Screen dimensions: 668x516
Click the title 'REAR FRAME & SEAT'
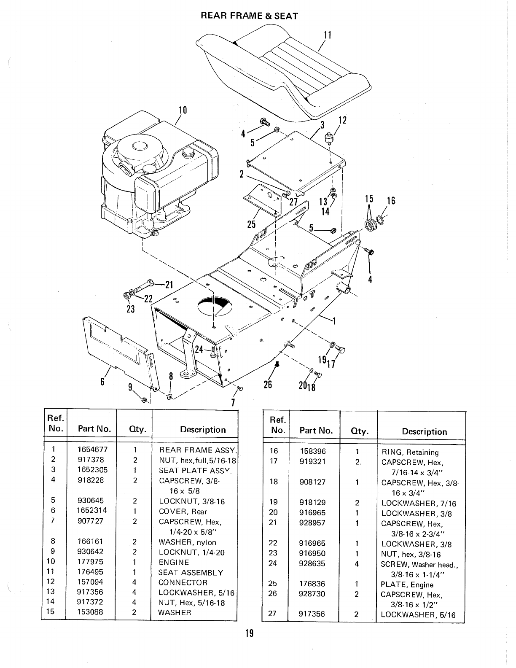pos(249,16)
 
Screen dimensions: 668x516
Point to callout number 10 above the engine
pos(183,110)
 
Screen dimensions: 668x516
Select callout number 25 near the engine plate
pos(252,224)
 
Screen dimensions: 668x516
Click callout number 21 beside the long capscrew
pos(169,284)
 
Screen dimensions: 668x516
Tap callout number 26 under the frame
pos(268,384)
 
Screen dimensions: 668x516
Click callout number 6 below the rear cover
pos(102,381)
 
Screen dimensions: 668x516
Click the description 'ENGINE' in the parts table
pos(174,562)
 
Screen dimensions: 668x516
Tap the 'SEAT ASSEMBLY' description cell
pos(191,572)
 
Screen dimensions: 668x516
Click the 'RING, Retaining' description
pos(410,453)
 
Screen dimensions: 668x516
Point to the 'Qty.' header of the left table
pos(134,430)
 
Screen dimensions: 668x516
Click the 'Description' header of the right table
pos(424,431)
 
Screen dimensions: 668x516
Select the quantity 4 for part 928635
pos(357,563)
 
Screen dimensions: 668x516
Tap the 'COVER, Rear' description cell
pos(183,512)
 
